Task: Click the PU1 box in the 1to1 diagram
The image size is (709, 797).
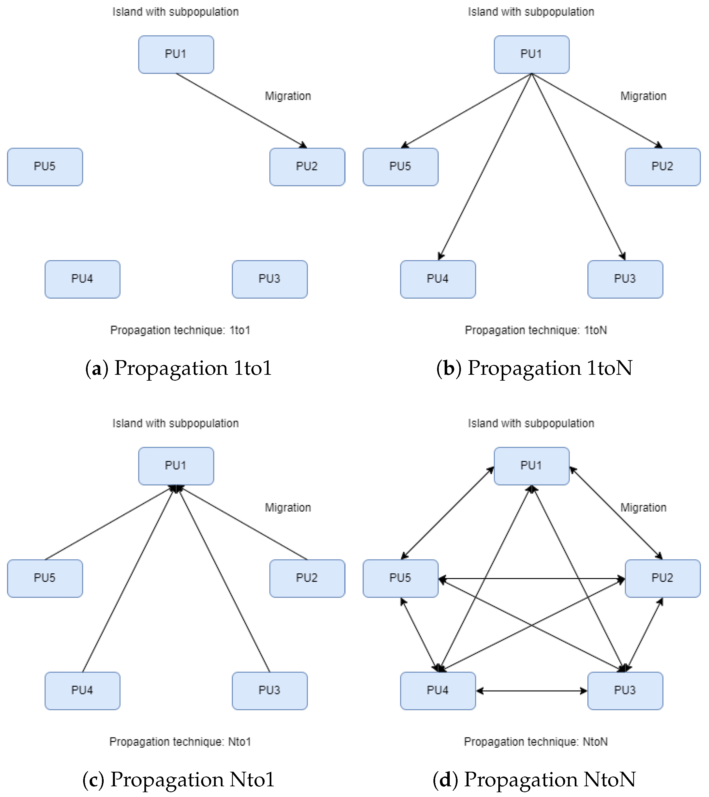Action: (x=176, y=55)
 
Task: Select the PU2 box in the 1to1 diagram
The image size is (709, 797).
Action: (x=307, y=167)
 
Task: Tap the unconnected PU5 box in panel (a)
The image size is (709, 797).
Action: (x=45, y=167)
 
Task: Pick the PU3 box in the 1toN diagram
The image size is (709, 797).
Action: (x=625, y=279)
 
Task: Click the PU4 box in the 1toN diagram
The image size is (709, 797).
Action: (x=438, y=279)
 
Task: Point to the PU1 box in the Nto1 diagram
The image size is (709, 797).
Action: (x=176, y=466)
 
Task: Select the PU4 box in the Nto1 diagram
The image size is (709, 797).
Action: (x=82, y=691)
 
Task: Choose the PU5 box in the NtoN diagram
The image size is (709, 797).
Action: (x=400, y=578)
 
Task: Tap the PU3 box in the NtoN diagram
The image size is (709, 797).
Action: (x=625, y=691)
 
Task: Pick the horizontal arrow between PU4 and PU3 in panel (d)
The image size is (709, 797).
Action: (x=531, y=691)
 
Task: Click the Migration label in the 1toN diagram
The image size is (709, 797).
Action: (x=643, y=96)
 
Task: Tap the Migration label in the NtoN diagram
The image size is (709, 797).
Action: (x=643, y=508)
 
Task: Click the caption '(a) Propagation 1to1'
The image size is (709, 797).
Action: (x=178, y=368)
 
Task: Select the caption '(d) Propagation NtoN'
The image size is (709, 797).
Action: (x=534, y=780)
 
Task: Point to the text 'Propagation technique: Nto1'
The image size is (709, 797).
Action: (x=180, y=742)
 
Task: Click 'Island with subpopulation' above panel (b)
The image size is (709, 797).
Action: (x=531, y=12)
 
